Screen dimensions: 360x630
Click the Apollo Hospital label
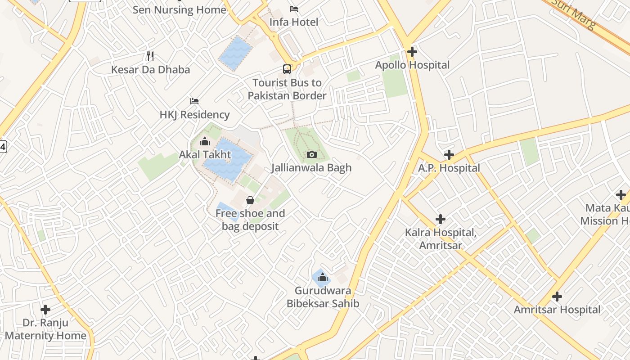click(x=412, y=65)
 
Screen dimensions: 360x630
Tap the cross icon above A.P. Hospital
click(x=449, y=155)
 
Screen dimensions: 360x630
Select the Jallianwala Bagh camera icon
click(x=311, y=155)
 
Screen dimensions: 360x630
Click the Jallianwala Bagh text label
click(x=311, y=168)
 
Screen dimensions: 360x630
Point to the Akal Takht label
click(x=205, y=155)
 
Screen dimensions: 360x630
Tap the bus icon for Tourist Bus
click(x=287, y=69)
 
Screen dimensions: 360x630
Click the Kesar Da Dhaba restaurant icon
click(x=151, y=56)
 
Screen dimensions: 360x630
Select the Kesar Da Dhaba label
click(x=151, y=70)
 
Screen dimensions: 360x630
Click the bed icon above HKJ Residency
click(x=194, y=101)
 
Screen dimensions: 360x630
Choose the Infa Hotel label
click(x=294, y=22)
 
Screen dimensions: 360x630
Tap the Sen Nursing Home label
click(x=180, y=10)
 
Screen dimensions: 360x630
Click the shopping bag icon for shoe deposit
click(x=250, y=200)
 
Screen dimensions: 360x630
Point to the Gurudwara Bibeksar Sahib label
click(x=323, y=297)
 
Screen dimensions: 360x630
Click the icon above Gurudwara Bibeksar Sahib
click(x=321, y=277)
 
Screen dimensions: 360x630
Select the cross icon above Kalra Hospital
click(x=441, y=219)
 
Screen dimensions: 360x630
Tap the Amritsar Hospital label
click(x=557, y=310)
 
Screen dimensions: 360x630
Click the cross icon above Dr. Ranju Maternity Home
click(x=45, y=310)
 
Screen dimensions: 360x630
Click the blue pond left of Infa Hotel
click(x=235, y=53)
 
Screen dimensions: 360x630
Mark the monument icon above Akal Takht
click(x=205, y=142)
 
